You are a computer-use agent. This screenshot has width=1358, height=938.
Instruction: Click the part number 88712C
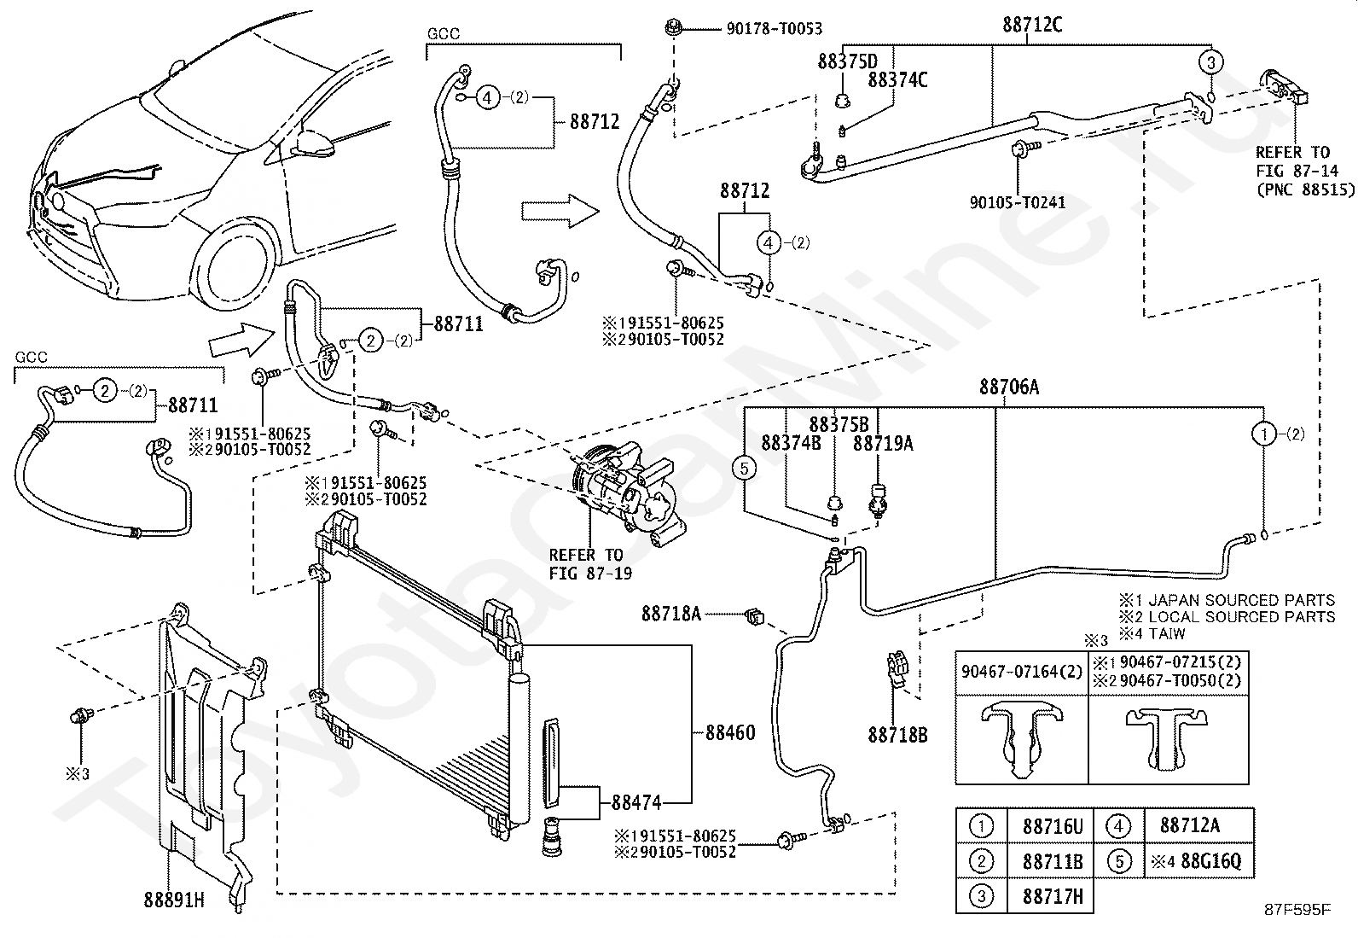click(1032, 25)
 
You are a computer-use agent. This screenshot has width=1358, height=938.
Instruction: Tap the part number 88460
click(730, 733)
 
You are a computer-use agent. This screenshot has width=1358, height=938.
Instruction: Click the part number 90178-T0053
click(775, 28)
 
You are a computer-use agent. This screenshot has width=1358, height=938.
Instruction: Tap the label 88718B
click(897, 736)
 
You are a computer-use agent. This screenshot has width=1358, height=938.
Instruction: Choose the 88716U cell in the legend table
click(1053, 826)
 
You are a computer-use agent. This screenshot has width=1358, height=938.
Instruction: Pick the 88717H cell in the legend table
click(1053, 896)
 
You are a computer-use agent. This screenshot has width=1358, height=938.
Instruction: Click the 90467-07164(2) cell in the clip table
click(1022, 672)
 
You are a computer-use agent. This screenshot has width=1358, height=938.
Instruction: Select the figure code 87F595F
click(1297, 910)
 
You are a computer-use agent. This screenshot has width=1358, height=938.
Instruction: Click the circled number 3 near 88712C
click(1210, 62)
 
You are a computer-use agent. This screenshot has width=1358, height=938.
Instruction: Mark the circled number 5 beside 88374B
click(744, 469)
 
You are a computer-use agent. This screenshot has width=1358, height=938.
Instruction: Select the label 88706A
click(1009, 387)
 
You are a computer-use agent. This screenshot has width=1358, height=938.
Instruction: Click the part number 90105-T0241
click(1018, 202)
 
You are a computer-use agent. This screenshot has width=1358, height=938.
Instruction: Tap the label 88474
click(636, 802)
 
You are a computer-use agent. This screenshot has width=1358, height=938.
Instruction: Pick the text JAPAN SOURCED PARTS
click(1242, 600)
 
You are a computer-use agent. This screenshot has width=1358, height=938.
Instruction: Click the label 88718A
click(671, 614)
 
